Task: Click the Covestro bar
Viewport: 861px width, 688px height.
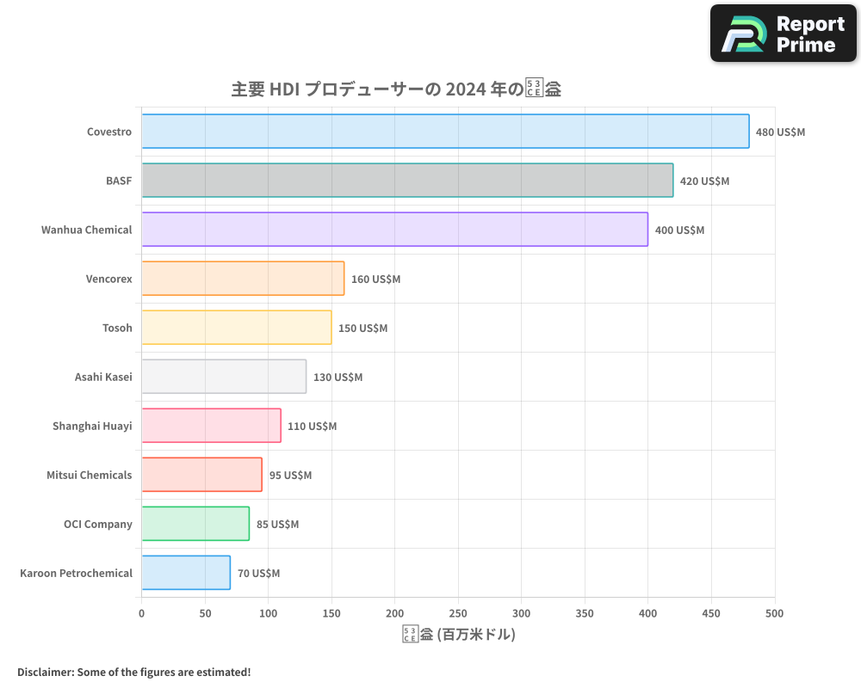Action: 445,132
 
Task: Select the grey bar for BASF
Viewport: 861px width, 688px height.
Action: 407,181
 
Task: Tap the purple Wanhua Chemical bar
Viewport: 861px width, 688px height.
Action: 394,230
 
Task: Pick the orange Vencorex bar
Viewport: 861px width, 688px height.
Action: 243,279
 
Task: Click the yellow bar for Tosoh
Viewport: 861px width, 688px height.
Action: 237,328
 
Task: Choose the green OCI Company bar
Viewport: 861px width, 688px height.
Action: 195,524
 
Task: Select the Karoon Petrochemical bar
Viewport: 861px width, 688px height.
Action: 186,573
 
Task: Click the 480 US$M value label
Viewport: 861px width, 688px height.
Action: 780,132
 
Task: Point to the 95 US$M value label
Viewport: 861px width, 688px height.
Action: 290,476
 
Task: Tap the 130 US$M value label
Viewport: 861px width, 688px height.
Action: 338,378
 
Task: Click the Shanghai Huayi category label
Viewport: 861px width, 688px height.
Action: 92,426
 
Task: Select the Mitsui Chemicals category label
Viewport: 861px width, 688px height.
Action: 90,475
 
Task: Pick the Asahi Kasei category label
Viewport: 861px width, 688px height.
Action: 103,377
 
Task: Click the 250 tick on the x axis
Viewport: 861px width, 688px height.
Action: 458,613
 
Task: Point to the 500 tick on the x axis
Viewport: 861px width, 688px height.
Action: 774,613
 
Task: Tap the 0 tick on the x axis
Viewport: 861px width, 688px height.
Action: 142,613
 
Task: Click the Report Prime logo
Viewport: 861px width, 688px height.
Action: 783,34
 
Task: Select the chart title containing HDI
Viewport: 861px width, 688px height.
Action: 396,89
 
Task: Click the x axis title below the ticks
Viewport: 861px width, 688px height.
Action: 458,635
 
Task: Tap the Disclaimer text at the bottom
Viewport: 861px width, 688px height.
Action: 133,672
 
